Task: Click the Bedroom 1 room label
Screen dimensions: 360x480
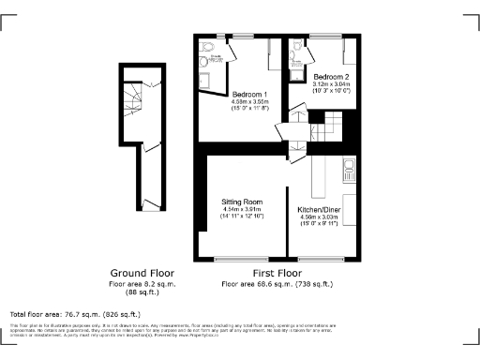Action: click(250, 95)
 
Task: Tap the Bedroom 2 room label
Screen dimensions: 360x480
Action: click(332, 76)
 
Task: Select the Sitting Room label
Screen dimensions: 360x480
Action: click(243, 202)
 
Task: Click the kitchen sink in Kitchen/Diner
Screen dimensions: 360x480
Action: click(349, 170)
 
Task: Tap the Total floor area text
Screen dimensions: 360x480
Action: click(75, 314)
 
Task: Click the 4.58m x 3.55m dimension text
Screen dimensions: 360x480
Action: click(250, 102)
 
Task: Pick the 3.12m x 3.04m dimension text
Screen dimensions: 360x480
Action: click(332, 84)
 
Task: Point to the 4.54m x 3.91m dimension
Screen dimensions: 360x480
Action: click(243, 209)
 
